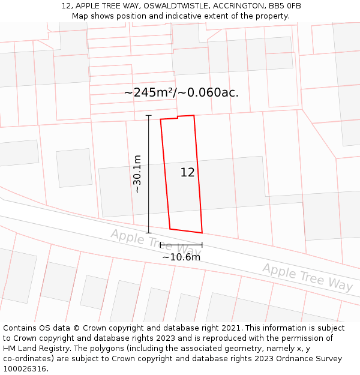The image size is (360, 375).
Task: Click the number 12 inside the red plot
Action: (x=187, y=173)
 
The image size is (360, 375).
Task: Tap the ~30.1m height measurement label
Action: (x=137, y=173)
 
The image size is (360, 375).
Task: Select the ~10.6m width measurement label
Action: (x=181, y=257)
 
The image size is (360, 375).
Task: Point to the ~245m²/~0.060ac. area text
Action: (x=181, y=92)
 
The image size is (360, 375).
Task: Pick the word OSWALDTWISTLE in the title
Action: (x=170, y=6)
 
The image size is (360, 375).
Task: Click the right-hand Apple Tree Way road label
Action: (x=307, y=277)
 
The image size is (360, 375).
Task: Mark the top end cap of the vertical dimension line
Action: (x=149, y=115)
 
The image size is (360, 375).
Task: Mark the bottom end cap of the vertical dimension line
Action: (x=149, y=233)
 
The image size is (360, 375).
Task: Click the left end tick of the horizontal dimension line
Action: (x=160, y=245)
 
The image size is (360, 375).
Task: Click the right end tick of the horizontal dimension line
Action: (x=202, y=245)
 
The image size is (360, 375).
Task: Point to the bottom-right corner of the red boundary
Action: (x=202, y=233)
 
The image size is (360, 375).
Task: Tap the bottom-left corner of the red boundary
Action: (x=170, y=229)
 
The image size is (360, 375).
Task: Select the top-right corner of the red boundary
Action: (x=194, y=115)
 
